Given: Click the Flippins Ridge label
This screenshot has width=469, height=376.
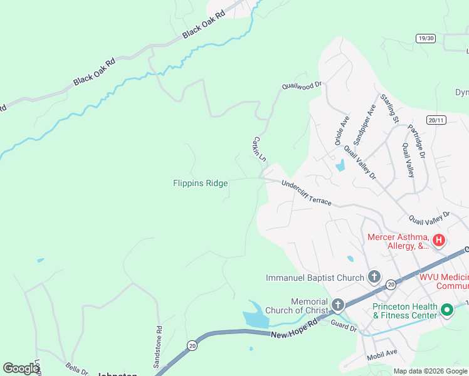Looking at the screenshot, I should coord(200,183).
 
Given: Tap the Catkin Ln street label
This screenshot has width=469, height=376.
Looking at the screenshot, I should coord(260,149).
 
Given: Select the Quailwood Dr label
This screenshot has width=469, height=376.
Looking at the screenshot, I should coord(302,85).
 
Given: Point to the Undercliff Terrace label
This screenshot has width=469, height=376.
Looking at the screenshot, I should coord(306,193).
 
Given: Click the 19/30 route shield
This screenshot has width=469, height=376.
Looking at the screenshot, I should coord(425,38).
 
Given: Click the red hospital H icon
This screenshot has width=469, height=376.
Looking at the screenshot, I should coord(439,239).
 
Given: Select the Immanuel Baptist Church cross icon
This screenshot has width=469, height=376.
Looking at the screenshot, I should coord(374,277).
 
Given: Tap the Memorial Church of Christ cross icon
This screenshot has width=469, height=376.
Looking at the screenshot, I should coord(337,305).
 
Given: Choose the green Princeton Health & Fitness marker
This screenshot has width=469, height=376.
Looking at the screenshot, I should coord(447,310).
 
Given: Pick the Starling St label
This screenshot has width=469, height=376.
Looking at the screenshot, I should coord(389,108).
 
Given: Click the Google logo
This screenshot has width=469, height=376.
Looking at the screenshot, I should coord(21,368).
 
